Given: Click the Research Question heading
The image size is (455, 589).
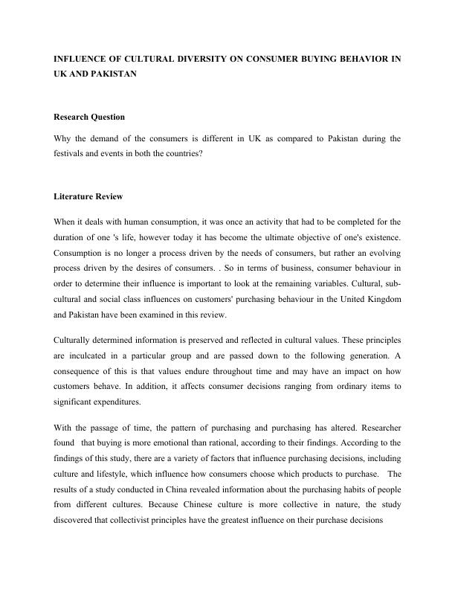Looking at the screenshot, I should point(89,117).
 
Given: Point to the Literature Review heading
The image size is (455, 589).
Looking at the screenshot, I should point(88,197).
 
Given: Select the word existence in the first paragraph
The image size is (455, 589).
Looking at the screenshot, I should point(377,236).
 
